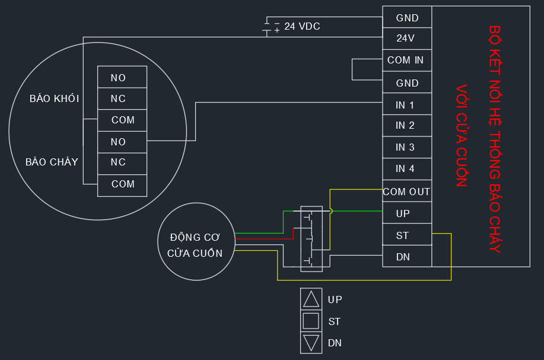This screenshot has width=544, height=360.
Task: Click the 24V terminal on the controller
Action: (x=407, y=38)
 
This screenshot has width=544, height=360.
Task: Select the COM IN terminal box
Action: (x=407, y=60)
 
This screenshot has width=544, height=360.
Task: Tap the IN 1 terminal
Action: (x=407, y=104)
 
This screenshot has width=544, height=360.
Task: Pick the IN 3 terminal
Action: (x=407, y=147)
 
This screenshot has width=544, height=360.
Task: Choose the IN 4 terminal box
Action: (x=407, y=169)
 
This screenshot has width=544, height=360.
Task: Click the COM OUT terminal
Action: (x=407, y=191)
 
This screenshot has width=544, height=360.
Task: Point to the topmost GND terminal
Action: (x=407, y=17)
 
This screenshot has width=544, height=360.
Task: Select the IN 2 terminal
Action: (x=407, y=125)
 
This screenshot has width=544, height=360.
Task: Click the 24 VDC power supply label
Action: (x=302, y=26)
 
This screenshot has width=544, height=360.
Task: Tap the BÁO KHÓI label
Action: (x=55, y=99)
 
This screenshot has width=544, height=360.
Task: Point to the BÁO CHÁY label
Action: (x=52, y=162)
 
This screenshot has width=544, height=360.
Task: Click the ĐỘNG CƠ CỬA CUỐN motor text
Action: (x=195, y=245)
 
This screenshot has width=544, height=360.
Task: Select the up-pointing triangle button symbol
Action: (x=311, y=299)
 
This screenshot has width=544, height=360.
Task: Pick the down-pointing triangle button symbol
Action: (x=311, y=343)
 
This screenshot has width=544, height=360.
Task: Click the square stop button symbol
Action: (x=311, y=321)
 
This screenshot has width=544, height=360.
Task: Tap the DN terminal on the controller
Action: (x=407, y=256)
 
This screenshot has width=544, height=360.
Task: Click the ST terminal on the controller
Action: (x=407, y=234)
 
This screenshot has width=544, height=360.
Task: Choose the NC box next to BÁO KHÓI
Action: (x=122, y=98)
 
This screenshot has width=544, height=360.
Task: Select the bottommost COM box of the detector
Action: (x=122, y=186)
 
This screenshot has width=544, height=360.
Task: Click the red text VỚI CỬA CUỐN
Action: (x=462, y=136)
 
